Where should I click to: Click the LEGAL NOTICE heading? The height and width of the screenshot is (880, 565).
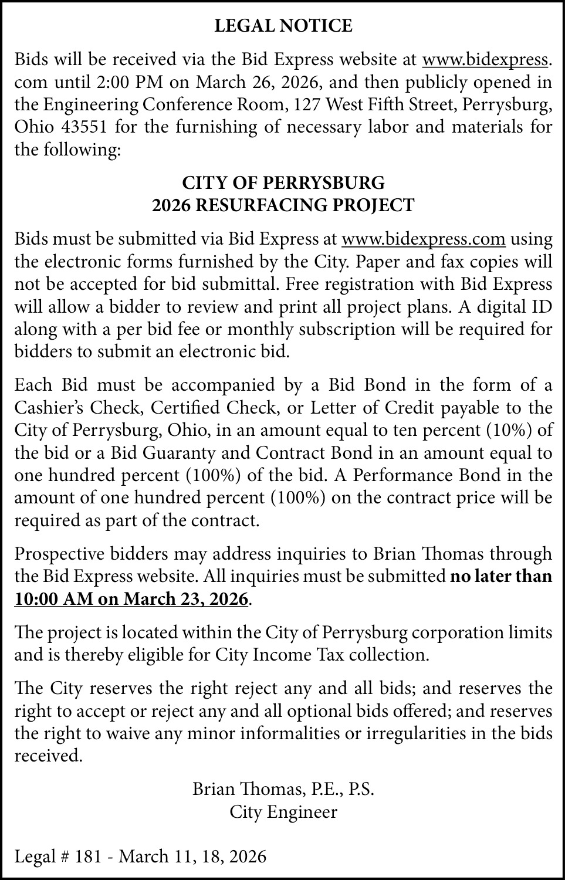click(x=283, y=26)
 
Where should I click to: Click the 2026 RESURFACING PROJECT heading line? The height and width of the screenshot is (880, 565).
click(x=283, y=205)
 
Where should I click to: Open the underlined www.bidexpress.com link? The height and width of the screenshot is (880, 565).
click(x=423, y=239)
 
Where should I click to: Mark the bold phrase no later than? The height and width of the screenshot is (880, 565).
click(x=500, y=577)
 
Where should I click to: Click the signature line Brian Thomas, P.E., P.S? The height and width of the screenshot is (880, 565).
click(x=283, y=789)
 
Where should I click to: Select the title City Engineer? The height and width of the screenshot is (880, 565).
click(x=283, y=812)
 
